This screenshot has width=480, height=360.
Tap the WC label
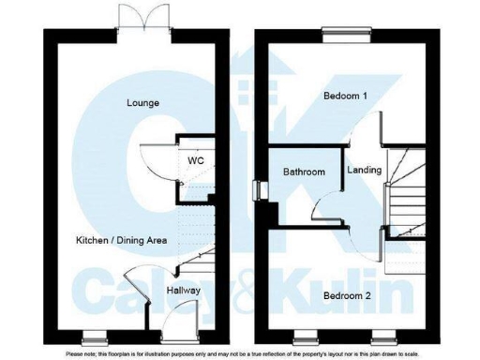coord(195,160)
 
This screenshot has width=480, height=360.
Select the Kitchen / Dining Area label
coord(121,241)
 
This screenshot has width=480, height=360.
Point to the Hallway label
coord(184,291)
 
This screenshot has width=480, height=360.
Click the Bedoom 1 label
coord(346,97)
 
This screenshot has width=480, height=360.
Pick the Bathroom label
coord(304,172)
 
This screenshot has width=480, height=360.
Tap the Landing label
coord(364,171)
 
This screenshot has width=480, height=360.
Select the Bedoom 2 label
coord(346,296)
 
